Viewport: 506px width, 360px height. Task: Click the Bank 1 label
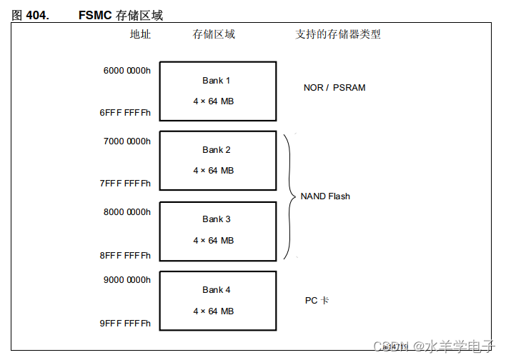pos(216,81)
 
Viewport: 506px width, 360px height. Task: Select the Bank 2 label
pos(216,150)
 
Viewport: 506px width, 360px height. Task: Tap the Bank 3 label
pos(216,219)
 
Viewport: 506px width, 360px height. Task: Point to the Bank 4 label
pos(216,289)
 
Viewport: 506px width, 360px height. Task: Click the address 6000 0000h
pos(127,71)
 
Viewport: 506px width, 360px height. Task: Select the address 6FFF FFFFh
pos(126,114)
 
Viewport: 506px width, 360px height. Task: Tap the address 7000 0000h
pos(127,141)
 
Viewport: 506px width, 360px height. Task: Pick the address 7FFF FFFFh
pos(126,184)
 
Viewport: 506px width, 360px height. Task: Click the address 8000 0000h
pos(127,211)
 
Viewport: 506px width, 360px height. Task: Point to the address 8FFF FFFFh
pos(126,255)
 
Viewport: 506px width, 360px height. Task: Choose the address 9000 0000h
pos(127,281)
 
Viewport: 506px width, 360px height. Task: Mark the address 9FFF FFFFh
pos(126,324)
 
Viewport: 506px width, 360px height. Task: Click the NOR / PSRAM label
pos(334,88)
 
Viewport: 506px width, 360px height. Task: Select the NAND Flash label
pos(325,196)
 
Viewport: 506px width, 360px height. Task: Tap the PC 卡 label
pos(317,301)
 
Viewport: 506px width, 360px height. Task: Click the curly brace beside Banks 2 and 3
pos(289,196)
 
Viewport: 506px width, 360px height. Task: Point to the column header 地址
pos(140,34)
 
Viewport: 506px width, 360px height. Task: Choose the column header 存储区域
pos(214,34)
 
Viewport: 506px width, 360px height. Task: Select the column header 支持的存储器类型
pos(338,34)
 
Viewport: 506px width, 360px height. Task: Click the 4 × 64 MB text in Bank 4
pos(213,311)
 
